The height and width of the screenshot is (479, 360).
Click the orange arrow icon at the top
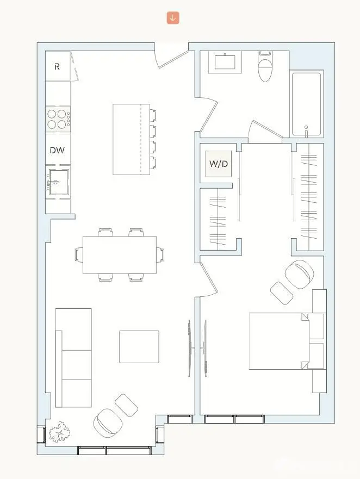(x=173, y=18)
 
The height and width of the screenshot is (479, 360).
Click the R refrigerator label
(x=57, y=67)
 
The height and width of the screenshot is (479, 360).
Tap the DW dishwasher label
(x=57, y=150)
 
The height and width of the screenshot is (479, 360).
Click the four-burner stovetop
(x=57, y=119)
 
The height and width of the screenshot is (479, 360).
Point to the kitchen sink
(x=57, y=182)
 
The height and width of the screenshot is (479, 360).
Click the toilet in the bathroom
(x=265, y=67)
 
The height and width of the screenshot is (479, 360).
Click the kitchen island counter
(x=131, y=139)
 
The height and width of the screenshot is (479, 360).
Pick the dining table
(x=119, y=254)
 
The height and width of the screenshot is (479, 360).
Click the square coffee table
(x=139, y=346)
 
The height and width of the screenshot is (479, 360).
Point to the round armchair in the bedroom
(x=299, y=274)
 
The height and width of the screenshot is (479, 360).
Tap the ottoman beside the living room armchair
(x=127, y=405)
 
